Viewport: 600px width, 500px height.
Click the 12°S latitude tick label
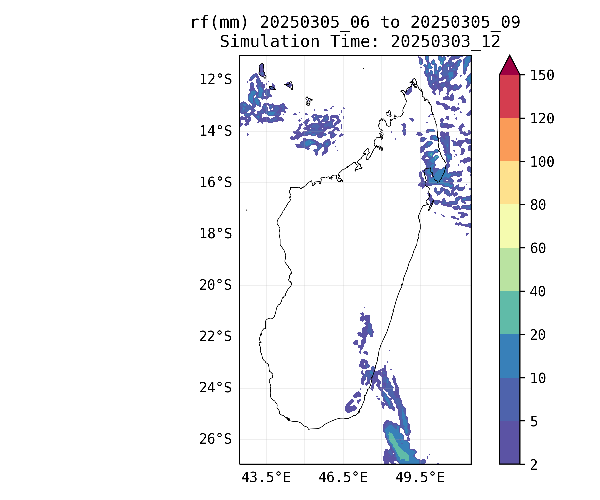click(215, 80)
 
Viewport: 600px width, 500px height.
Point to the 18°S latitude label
click(215, 234)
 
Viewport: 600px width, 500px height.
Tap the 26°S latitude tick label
click(215, 439)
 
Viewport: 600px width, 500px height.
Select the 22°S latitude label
click(215, 337)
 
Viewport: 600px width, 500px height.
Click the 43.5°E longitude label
click(266, 478)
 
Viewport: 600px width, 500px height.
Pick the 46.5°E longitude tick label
click(343, 478)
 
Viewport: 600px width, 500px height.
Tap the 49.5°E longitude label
click(420, 478)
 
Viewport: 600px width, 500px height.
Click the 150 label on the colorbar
click(542, 75)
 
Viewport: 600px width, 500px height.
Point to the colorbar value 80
click(538, 205)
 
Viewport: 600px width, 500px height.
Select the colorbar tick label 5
click(534, 422)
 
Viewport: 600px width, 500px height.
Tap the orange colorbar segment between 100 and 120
click(509, 140)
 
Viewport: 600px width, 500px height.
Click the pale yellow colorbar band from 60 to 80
click(509, 226)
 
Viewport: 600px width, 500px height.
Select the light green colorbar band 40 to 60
click(509, 269)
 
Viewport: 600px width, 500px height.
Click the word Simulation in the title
click(270, 42)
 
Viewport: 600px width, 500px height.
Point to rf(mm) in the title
click(219, 23)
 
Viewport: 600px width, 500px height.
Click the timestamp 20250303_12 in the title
click(445, 42)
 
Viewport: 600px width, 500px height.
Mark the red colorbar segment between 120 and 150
click(509, 96)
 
